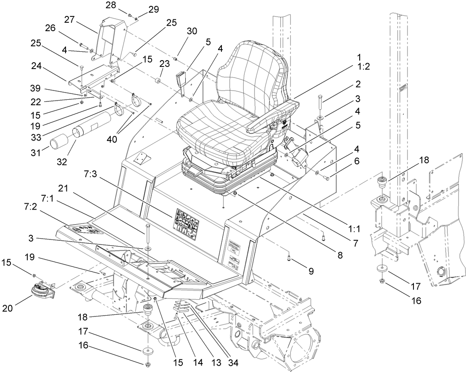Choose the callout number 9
[x=311, y=272]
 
